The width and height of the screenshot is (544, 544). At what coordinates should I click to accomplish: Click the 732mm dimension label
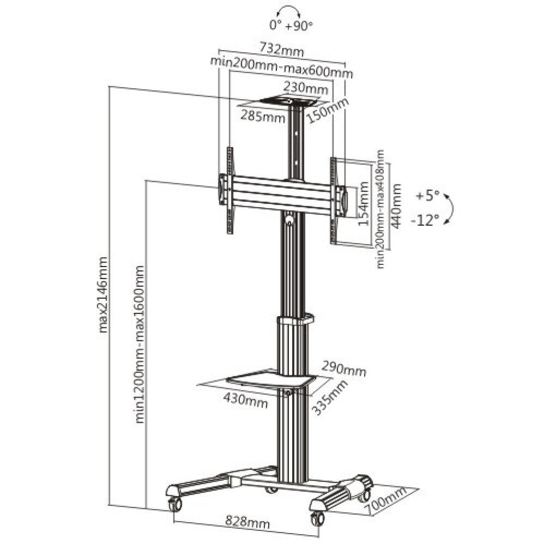(281, 50)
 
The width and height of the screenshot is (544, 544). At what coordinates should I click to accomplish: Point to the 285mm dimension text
(264, 116)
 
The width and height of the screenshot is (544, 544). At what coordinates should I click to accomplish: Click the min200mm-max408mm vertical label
(380, 209)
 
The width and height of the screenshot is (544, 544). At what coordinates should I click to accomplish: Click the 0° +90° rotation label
(291, 24)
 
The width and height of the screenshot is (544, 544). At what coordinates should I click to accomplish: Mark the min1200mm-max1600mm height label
(140, 344)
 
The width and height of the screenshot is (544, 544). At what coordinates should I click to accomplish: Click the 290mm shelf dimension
(343, 368)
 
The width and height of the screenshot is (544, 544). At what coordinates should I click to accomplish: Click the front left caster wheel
(175, 504)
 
